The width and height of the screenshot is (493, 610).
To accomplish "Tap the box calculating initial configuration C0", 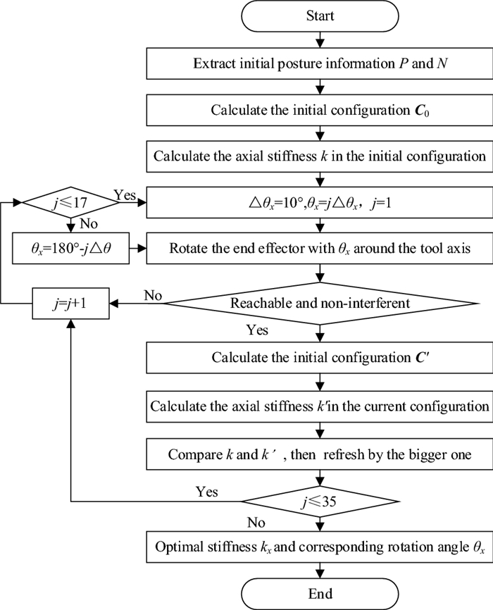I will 320,110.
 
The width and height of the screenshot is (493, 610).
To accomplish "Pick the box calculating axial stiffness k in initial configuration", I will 320,156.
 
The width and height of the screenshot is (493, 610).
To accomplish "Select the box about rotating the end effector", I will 320,250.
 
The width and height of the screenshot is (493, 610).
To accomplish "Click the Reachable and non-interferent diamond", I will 320,304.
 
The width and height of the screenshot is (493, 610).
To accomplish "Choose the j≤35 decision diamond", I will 320,502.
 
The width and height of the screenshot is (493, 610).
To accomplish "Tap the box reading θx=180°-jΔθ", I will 71,250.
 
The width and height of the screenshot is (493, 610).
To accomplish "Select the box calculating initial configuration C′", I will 320,357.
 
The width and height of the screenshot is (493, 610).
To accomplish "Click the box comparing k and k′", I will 320,454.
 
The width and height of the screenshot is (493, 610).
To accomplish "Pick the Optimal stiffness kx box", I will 320,546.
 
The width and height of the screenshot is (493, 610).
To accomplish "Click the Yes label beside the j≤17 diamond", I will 124,194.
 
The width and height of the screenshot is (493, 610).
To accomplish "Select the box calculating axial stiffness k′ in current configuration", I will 320,406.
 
